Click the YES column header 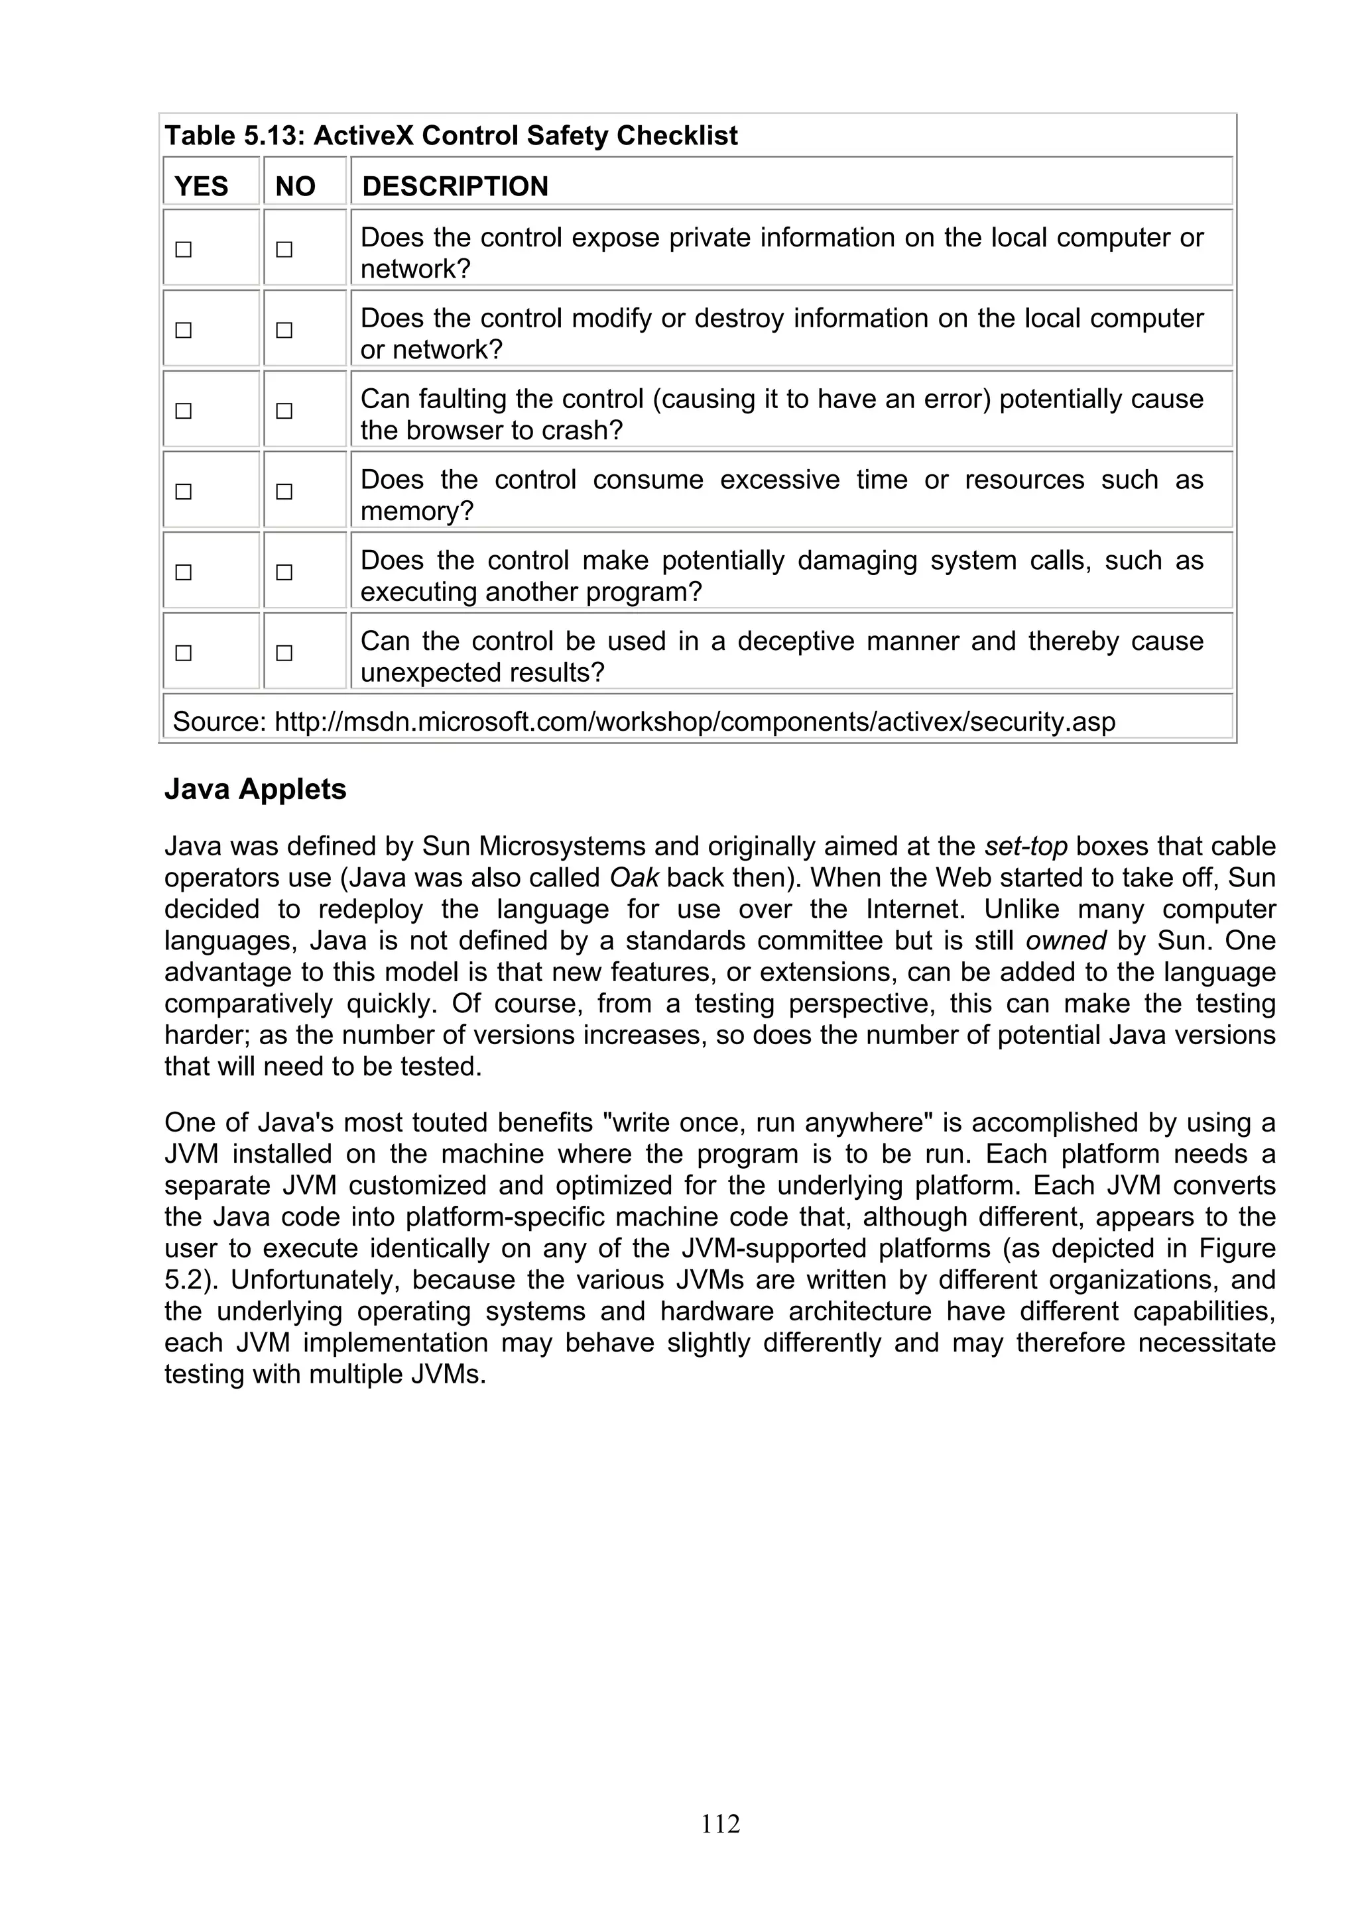[201, 186]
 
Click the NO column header [295, 186]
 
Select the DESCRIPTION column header [454, 186]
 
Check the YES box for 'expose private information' [183, 249]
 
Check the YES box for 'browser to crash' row [183, 411]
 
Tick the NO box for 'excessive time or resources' [284, 492]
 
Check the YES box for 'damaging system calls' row [183, 572]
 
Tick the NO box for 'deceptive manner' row [284, 653]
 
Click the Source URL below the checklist [694, 721]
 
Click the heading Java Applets [255, 788]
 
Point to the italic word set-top [1026, 846]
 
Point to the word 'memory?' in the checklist [416, 511]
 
